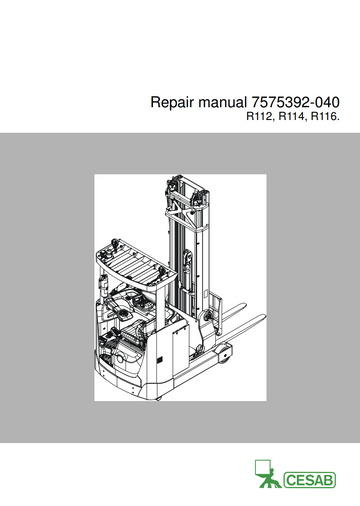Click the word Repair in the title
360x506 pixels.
(172, 102)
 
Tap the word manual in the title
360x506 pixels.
(222, 102)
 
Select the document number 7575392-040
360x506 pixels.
(295, 102)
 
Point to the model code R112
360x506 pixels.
(260, 117)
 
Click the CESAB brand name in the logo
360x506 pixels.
(310, 480)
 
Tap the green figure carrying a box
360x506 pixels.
(269, 478)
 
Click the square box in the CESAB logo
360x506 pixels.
(262, 467)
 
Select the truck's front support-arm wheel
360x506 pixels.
(224, 354)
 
